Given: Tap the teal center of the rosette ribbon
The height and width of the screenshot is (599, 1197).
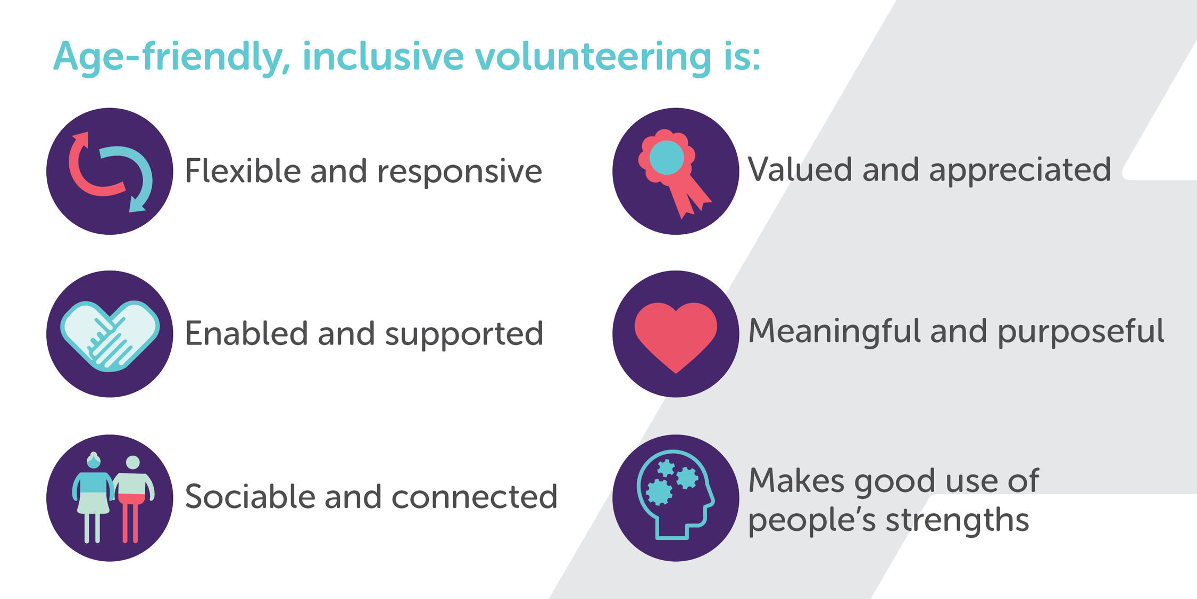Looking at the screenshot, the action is [667, 158].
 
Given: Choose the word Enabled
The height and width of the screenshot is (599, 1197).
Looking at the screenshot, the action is [246, 333].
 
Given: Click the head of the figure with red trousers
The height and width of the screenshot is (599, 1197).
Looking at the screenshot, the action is [132, 462].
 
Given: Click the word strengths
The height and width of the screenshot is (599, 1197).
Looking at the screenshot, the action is [957, 521].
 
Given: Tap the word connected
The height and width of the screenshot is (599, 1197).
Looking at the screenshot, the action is [474, 497].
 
